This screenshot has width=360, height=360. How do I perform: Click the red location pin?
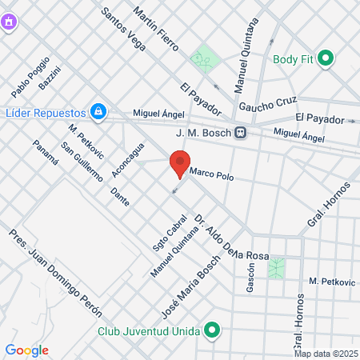click(178, 164)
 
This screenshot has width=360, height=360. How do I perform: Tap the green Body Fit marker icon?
click(326, 58)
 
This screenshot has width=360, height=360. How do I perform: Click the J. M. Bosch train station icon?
click(240, 133)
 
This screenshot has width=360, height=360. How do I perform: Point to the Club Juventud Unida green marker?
click(212, 330)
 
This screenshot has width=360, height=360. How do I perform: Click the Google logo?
click(26, 350)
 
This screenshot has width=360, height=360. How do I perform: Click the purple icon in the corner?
click(9, 22)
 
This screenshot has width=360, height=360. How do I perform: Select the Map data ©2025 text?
click(326, 354)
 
